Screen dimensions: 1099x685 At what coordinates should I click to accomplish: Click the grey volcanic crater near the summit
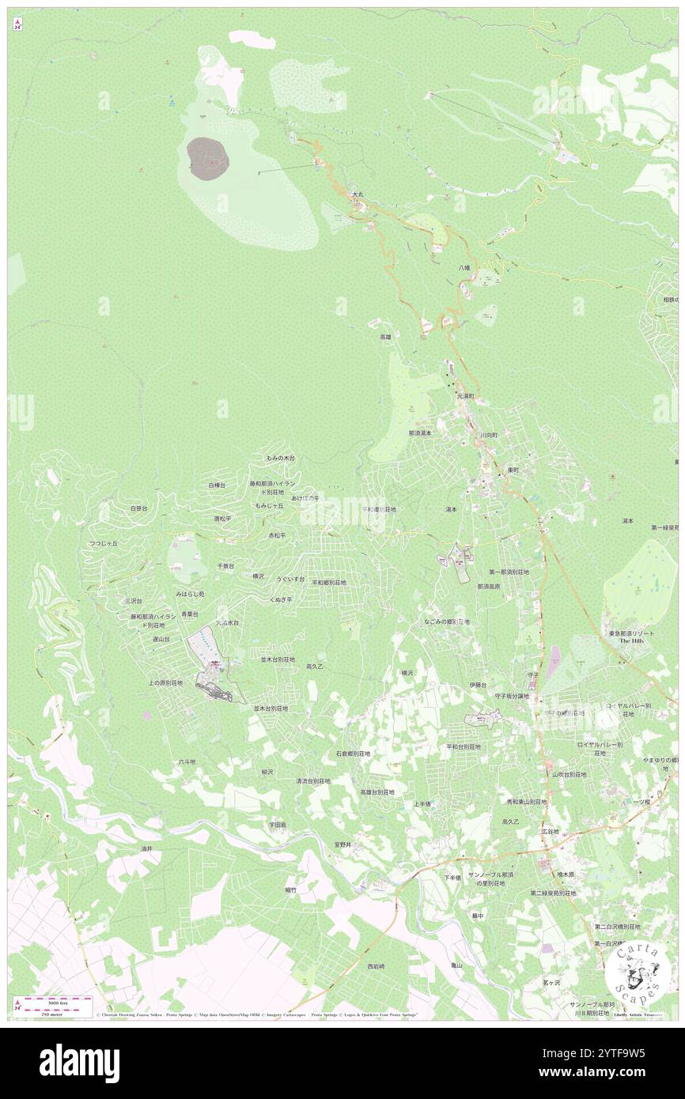[208, 156]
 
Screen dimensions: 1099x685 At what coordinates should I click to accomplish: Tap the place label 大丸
[358, 194]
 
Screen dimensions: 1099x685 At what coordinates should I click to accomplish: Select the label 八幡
[464, 268]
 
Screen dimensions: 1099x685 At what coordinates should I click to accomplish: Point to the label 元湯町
[464, 395]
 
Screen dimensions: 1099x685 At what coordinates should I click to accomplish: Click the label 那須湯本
[420, 433]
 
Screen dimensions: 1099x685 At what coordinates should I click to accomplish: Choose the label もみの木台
[281, 459]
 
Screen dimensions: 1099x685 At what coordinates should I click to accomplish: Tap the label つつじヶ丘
[103, 544]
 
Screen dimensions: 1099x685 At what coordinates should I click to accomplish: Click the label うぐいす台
[290, 580]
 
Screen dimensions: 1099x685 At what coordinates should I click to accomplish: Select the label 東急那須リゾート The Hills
[630, 637]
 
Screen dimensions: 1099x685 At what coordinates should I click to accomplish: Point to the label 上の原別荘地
[165, 682]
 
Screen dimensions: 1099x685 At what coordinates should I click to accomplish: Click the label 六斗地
[187, 762]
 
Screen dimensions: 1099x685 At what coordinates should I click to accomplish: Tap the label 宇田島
[277, 824]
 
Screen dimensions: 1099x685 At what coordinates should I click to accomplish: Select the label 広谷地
[550, 832]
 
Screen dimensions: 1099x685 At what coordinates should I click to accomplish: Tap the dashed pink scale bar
[53, 1000]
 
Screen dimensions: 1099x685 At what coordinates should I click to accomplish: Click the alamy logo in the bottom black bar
[79, 1062]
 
